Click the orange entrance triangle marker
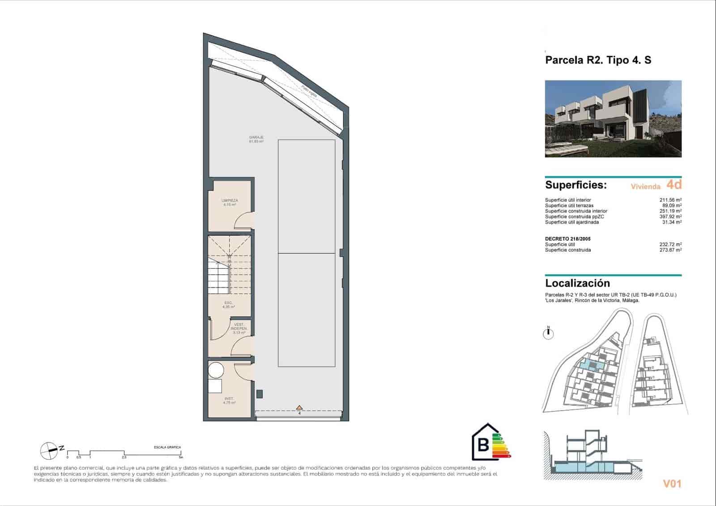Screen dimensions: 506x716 click(x=299, y=408)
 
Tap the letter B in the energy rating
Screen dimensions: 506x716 click(x=483, y=445)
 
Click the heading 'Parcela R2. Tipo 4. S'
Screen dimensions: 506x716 click(x=598, y=60)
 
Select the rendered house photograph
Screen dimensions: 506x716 click(x=613, y=119)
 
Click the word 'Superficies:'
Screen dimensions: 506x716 click(x=576, y=185)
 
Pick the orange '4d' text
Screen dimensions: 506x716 click(x=673, y=184)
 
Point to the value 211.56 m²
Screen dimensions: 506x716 click(x=672, y=200)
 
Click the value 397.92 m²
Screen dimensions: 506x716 click(x=672, y=217)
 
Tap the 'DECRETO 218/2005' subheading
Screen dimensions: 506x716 click(x=567, y=239)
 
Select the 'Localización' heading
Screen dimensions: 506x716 click(x=577, y=283)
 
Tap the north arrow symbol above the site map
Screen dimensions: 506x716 click(x=548, y=333)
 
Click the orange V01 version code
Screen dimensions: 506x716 click(x=672, y=483)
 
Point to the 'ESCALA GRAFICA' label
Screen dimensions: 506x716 click(x=167, y=447)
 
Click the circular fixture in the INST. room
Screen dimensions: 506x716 click(x=216, y=370)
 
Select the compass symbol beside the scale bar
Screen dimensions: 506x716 click(x=49, y=451)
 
